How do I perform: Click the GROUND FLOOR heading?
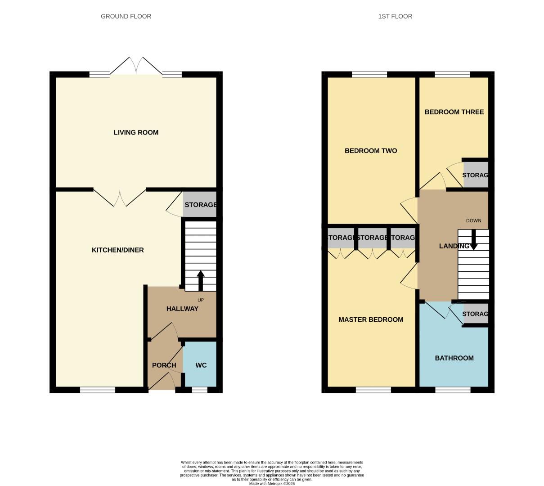(126, 16)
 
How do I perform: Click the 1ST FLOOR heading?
(395, 16)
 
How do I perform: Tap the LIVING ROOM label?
(136, 132)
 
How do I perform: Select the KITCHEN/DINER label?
(117, 250)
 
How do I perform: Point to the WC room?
(201, 365)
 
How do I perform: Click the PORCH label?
(164, 365)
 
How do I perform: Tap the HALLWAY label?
(182, 309)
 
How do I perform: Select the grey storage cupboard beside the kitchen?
(200, 205)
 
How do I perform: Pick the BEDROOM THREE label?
(454, 112)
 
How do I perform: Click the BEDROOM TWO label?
(371, 150)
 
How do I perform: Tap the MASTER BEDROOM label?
(371, 319)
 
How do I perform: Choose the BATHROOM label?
(454, 358)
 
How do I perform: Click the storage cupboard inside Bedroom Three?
(476, 175)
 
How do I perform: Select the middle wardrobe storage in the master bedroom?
(372, 238)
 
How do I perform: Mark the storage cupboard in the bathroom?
(476, 314)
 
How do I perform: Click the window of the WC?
(199, 390)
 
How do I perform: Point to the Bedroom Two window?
(369, 74)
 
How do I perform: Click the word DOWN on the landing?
(473, 220)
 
